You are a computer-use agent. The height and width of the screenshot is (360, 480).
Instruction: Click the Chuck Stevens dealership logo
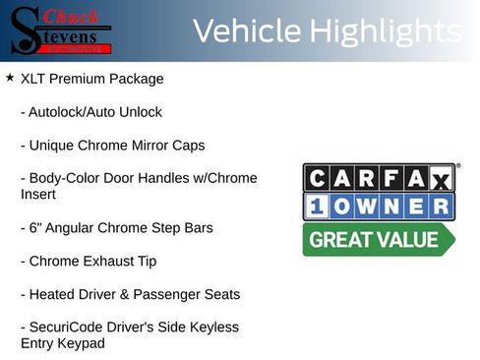[x=62, y=30]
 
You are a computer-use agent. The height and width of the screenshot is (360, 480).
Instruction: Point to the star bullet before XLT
[x=10, y=78]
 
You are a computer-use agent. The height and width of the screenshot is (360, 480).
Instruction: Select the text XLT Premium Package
[x=91, y=79]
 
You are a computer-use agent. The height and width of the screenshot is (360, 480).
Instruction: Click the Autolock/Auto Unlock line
[x=90, y=112]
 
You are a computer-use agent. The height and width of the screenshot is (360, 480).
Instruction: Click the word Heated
[x=52, y=294]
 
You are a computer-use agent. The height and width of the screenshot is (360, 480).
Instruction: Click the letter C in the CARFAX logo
[x=317, y=178]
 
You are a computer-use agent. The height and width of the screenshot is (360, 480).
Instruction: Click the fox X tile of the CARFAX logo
[x=441, y=178]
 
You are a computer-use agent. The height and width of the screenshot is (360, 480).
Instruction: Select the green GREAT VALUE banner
[x=377, y=238]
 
